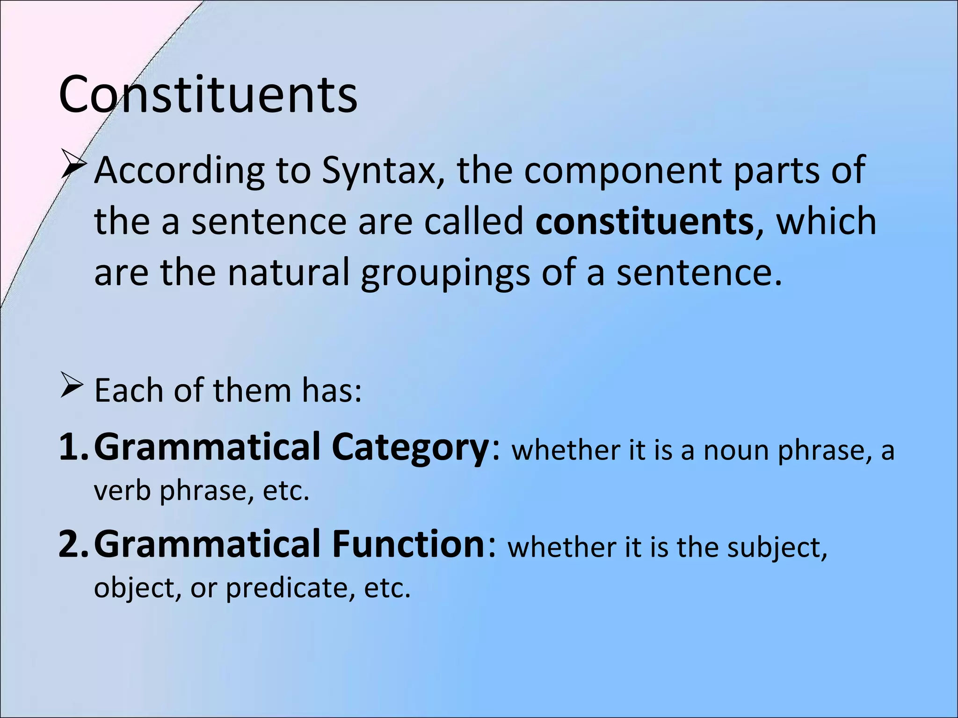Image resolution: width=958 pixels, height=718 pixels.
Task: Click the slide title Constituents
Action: (208, 95)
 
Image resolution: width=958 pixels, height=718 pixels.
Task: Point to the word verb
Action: (123, 491)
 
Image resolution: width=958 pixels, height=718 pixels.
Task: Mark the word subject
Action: (777, 548)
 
